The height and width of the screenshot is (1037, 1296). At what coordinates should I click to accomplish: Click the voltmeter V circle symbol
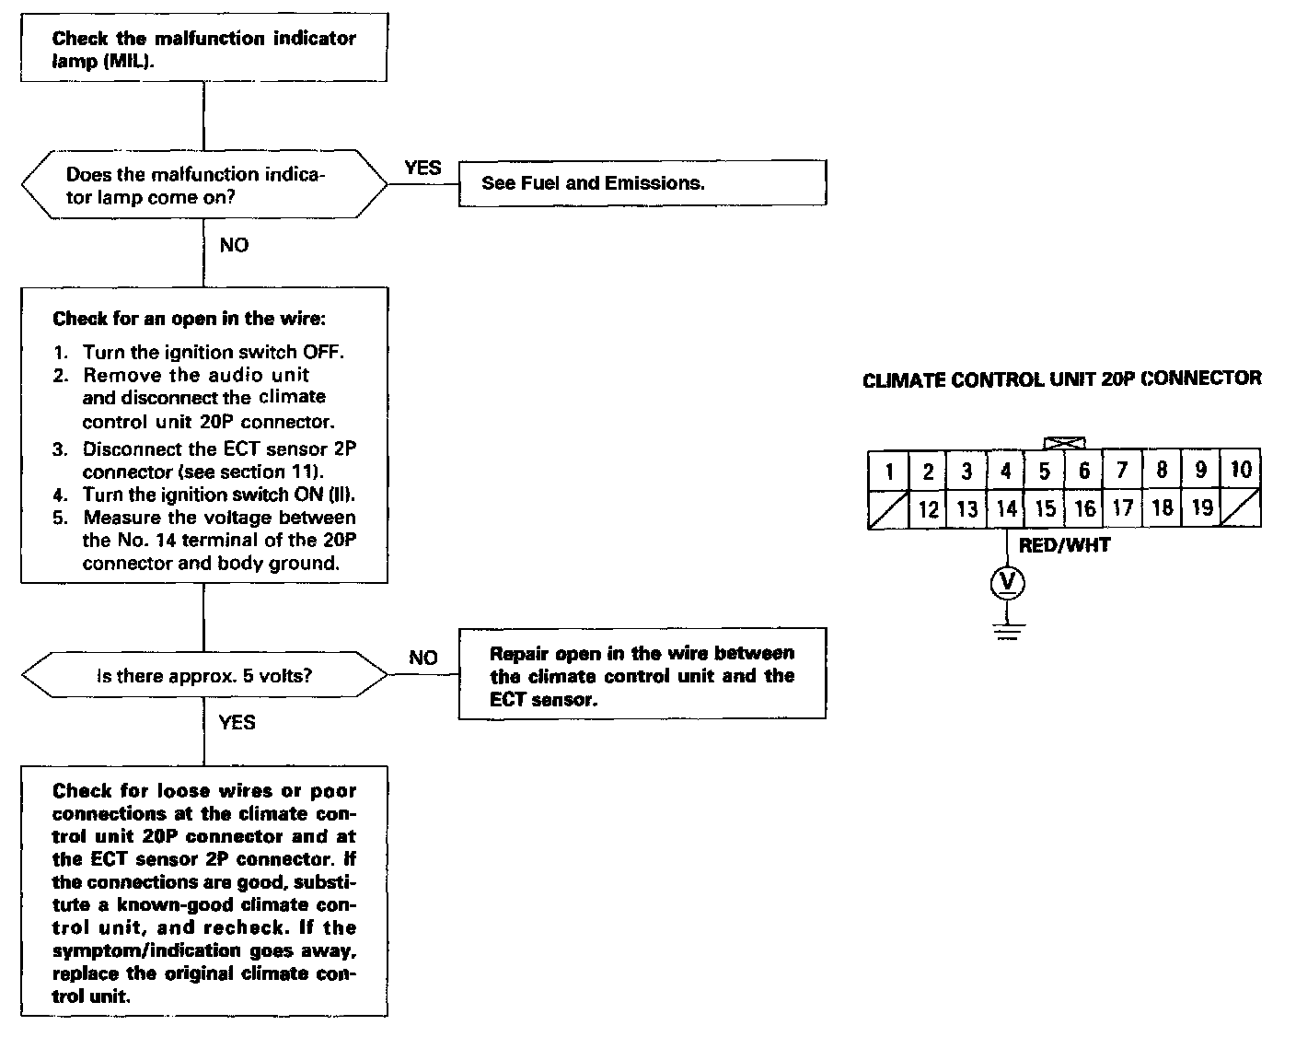(1008, 582)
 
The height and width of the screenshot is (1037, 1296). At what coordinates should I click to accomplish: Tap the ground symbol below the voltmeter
(1008, 631)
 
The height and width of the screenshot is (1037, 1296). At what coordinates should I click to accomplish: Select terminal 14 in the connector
(1006, 508)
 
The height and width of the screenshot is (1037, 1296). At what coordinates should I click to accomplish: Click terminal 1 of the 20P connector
(889, 472)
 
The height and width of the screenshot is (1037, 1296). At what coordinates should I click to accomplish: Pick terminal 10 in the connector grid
(1241, 470)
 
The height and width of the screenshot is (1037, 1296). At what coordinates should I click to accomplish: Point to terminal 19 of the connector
(1201, 507)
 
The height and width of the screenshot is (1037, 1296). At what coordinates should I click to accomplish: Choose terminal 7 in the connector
(1122, 471)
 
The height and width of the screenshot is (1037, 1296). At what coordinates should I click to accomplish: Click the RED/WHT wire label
(1064, 545)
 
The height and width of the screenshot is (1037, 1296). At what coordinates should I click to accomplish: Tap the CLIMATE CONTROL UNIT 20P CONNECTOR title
(1061, 379)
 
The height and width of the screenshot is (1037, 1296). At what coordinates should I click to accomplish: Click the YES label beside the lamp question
(422, 169)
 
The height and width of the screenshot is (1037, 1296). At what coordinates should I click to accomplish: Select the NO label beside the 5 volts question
(423, 658)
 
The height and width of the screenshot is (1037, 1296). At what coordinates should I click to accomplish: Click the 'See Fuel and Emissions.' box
(642, 183)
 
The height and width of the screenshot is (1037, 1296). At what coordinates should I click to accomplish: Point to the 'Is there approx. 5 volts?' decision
(204, 676)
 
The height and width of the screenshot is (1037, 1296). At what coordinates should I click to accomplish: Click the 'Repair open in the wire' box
(642, 676)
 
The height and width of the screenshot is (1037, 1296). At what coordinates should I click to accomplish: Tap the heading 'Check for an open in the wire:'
(190, 319)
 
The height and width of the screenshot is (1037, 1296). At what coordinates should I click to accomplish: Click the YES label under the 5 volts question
(237, 722)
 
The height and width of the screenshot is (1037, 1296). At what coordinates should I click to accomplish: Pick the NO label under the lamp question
(234, 245)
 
